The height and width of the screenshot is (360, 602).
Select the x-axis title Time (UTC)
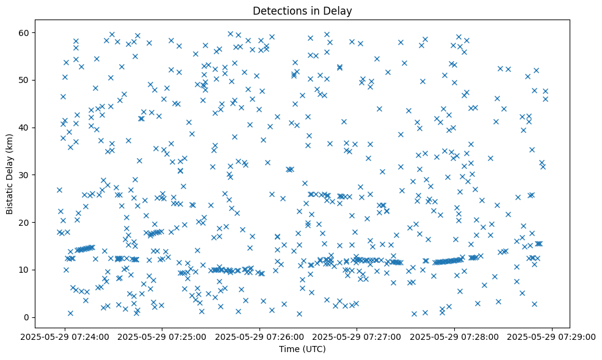pyautogui.click(x=302, y=349)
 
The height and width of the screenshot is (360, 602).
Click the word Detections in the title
pyautogui.click(x=279, y=10)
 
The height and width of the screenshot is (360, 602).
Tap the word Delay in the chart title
pyautogui.click(x=339, y=10)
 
